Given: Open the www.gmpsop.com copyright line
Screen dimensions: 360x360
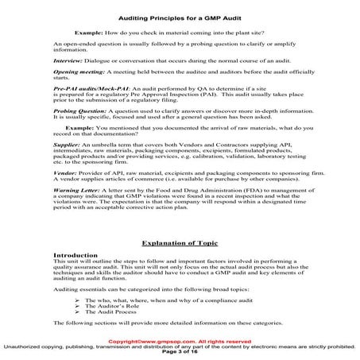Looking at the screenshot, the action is tap(180, 342).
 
